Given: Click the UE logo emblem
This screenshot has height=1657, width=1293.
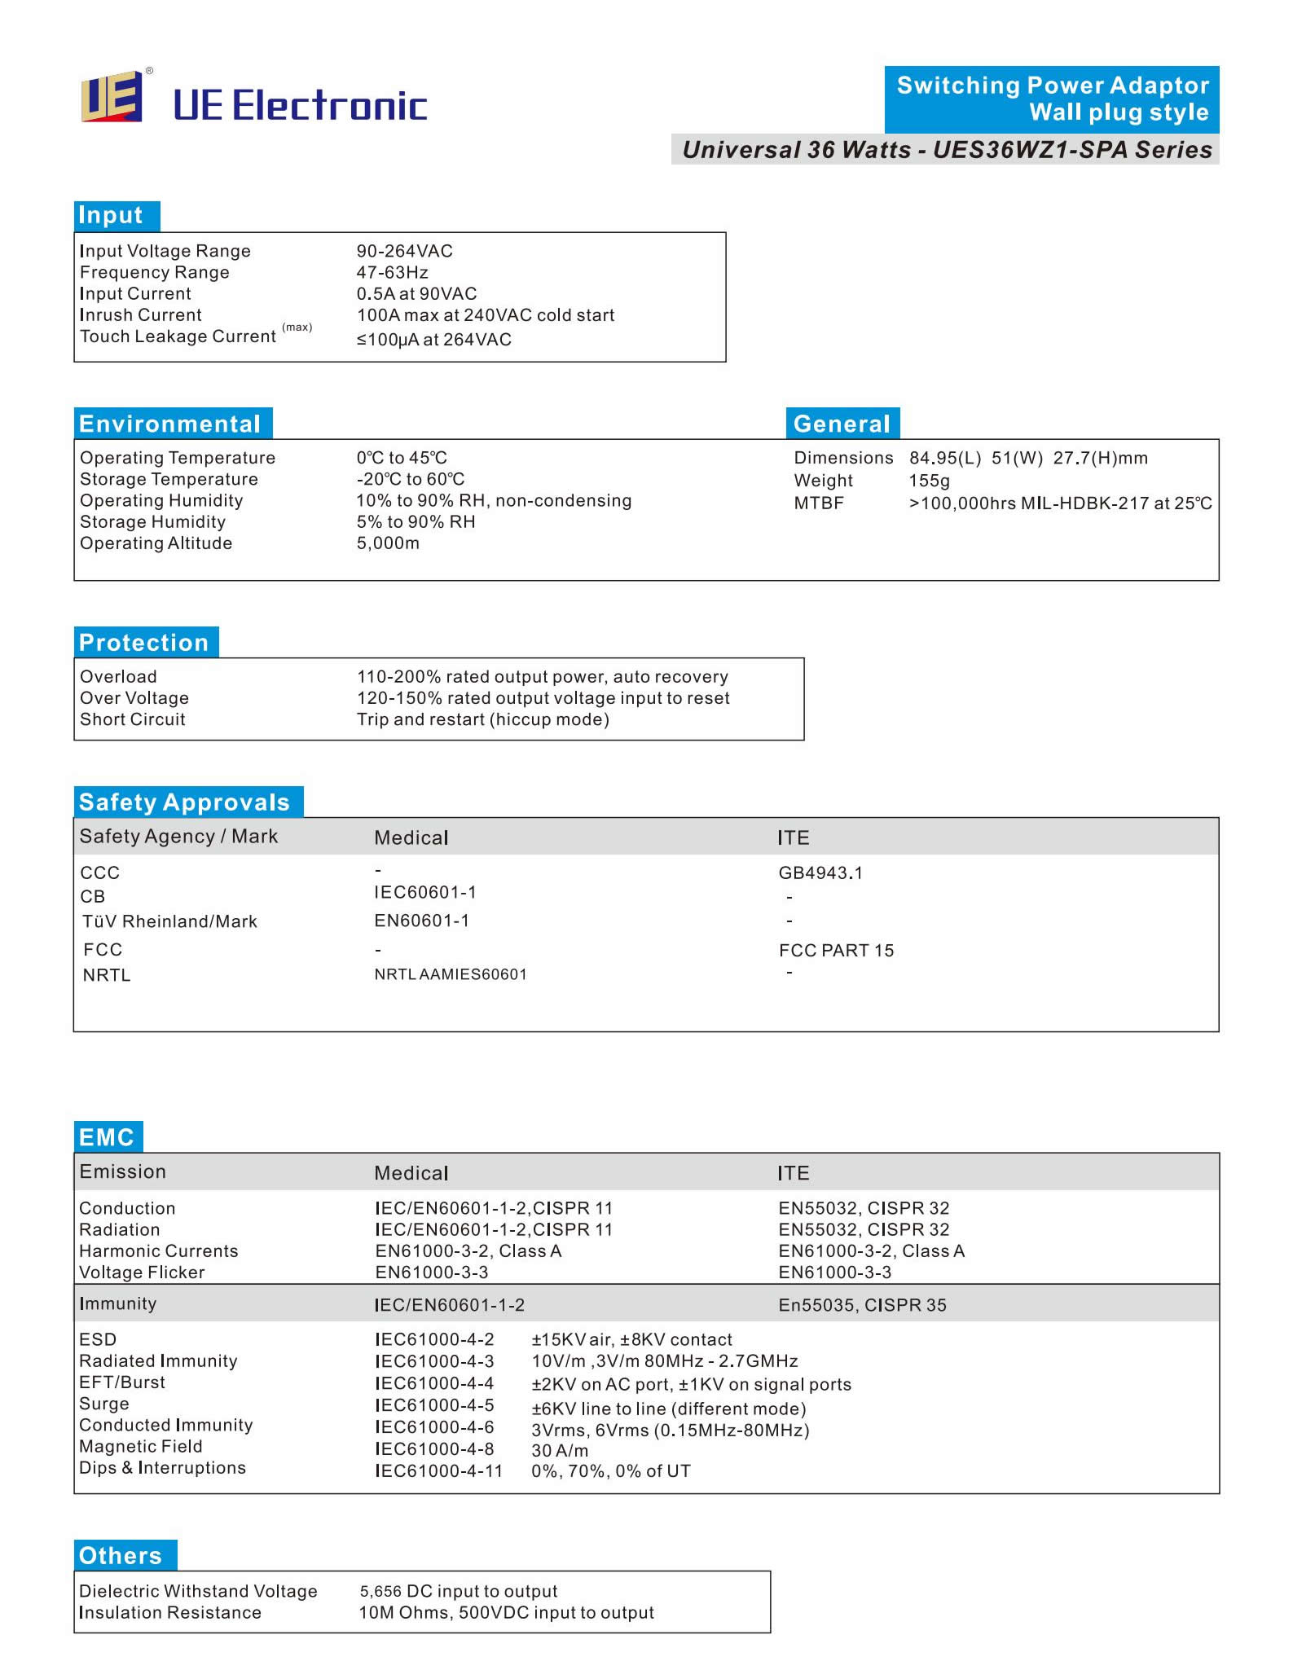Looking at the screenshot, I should (x=112, y=97).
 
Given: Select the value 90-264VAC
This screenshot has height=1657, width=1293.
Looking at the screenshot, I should (x=404, y=251).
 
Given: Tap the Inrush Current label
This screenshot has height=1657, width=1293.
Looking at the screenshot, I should (x=141, y=315).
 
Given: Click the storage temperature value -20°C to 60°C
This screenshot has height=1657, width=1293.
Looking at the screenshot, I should (x=411, y=479).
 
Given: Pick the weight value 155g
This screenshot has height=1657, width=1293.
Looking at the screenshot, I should (x=930, y=481).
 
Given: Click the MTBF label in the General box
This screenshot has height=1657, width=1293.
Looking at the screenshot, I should (x=819, y=503).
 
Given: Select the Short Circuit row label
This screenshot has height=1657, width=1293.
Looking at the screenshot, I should (x=133, y=719).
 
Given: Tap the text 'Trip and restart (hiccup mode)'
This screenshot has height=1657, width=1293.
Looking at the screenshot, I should (x=483, y=719).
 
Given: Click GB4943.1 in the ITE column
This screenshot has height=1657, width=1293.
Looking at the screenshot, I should (x=820, y=873).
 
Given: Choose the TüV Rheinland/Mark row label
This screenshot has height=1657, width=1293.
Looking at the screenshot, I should (x=169, y=921).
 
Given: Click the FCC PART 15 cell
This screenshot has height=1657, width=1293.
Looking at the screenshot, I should (x=836, y=951).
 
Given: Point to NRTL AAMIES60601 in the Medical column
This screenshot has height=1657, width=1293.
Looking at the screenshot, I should (x=451, y=974).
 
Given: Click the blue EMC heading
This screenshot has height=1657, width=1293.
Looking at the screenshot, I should (x=108, y=1137).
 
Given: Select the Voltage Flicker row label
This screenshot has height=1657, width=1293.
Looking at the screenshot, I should (x=142, y=1272).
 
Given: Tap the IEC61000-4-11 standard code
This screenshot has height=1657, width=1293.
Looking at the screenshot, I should (x=439, y=1471).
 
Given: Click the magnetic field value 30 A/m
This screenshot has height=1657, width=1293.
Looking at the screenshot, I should (x=560, y=1451).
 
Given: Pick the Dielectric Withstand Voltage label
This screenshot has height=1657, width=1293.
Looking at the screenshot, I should (x=198, y=1591).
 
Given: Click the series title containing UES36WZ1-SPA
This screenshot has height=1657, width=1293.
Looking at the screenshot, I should (x=947, y=150).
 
